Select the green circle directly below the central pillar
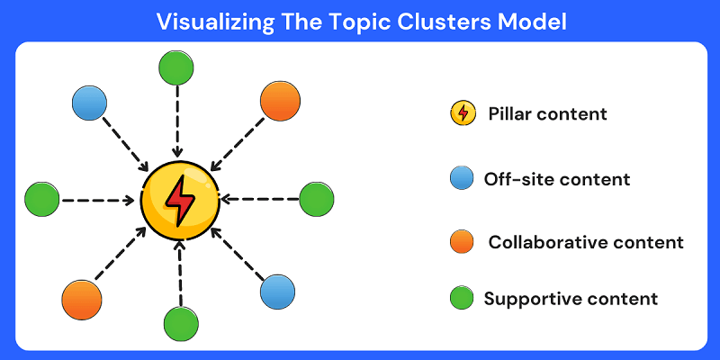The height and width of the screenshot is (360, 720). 181,323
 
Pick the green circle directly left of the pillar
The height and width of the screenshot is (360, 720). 41,198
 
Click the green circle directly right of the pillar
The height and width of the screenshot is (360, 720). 316,199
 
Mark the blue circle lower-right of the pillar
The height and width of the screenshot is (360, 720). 277,291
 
